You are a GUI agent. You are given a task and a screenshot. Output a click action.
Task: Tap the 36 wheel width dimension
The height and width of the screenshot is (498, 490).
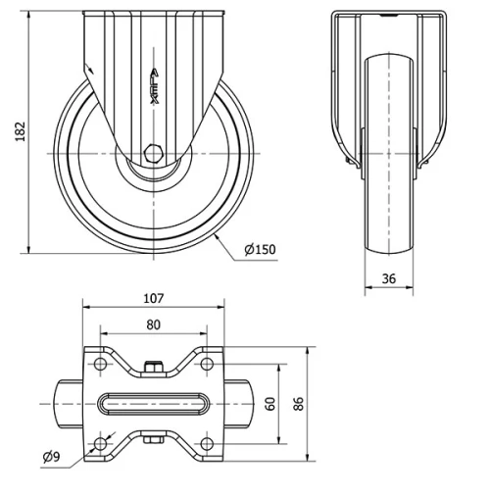tap(388, 278)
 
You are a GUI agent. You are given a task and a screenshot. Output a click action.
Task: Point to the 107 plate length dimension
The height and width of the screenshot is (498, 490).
tap(153, 298)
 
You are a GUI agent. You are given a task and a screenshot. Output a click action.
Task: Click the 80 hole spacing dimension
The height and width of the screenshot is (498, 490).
tap(153, 324)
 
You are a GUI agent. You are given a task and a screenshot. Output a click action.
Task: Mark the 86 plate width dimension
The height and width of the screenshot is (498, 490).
tap(299, 403)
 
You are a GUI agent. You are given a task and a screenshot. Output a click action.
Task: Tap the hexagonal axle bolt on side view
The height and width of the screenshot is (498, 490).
tap(153, 153)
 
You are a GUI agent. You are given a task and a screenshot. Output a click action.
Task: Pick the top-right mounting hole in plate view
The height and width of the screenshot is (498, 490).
tap(207, 365)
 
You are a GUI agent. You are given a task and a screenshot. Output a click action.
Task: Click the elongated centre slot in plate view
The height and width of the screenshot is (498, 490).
tap(153, 403)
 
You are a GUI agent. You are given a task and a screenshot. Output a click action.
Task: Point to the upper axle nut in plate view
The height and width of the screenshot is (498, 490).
tap(153, 368)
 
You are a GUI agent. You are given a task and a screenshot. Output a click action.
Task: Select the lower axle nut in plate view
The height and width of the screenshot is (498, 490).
tap(153, 440)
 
